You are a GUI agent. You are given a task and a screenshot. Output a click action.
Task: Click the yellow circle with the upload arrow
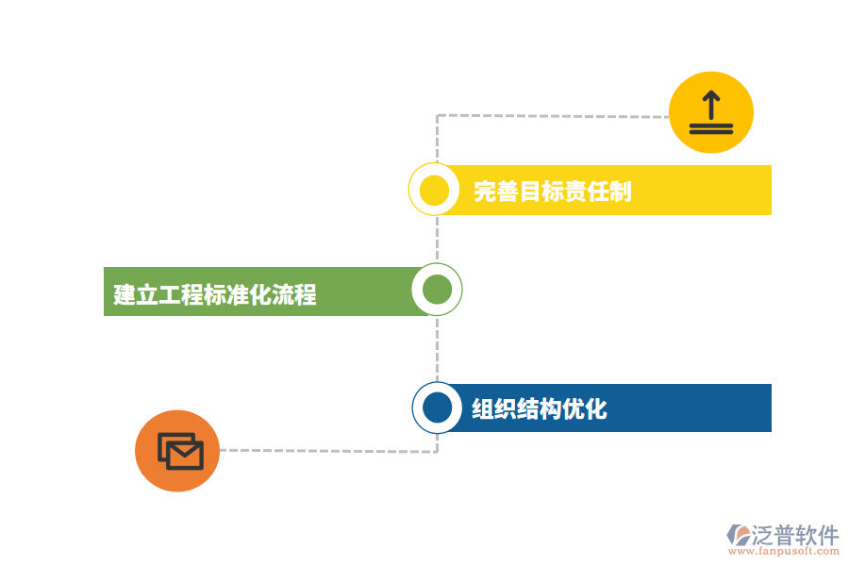[x=710, y=112]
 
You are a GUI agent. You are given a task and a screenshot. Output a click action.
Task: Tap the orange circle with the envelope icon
[x=177, y=451]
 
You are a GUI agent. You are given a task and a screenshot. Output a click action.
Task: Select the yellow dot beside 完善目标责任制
[x=434, y=190]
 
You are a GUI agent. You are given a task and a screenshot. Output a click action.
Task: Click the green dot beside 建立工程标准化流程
[x=437, y=290]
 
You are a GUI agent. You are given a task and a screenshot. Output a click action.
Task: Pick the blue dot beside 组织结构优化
[x=437, y=408]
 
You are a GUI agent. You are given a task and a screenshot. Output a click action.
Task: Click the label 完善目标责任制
[x=552, y=191]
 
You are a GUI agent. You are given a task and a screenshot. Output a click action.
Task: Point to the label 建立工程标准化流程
[x=215, y=294]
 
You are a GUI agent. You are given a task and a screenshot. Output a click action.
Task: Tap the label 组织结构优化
[x=539, y=409]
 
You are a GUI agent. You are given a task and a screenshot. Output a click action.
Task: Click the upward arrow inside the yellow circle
[x=710, y=102]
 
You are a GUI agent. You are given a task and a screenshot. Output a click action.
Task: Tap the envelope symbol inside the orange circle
[x=180, y=452]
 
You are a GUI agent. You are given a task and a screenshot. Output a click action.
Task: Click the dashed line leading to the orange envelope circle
[x=330, y=451]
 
